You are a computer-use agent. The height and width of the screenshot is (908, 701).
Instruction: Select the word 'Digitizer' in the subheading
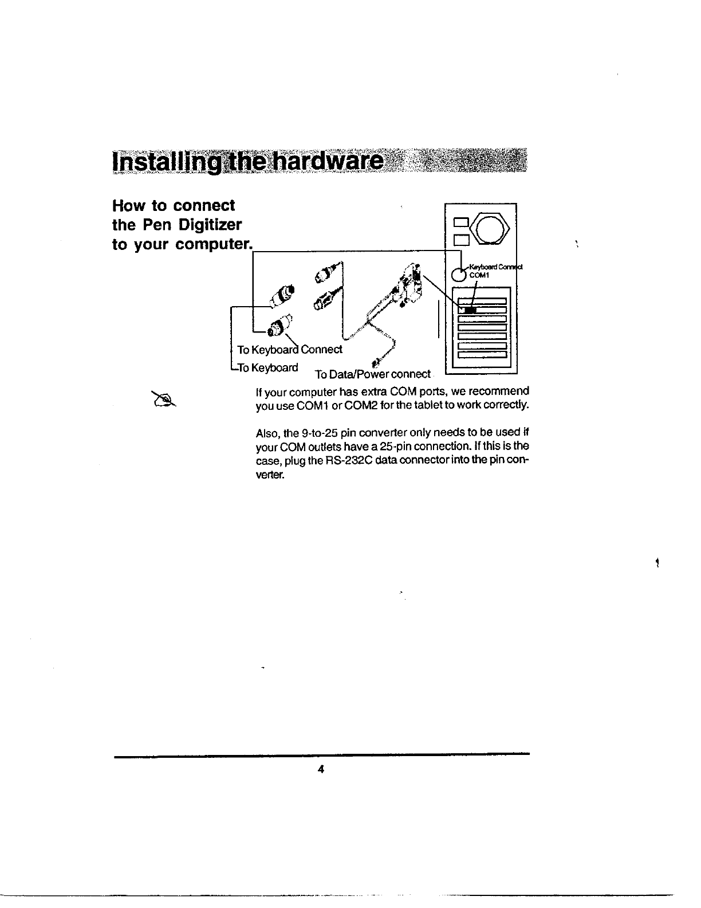click(x=208, y=225)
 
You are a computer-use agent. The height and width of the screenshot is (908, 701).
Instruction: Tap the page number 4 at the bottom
click(x=321, y=770)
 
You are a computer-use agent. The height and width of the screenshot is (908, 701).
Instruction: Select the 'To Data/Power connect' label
click(x=372, y=374)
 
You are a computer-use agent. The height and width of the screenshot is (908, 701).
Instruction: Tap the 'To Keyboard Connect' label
click(x=290, y=349)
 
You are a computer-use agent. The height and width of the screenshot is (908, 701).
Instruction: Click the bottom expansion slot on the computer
click(x=482, y=354)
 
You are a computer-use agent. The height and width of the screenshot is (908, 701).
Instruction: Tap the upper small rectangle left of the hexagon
click(x=460, y=222)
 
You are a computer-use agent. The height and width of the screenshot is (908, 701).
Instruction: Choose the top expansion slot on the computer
click(x=482, y=301)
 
